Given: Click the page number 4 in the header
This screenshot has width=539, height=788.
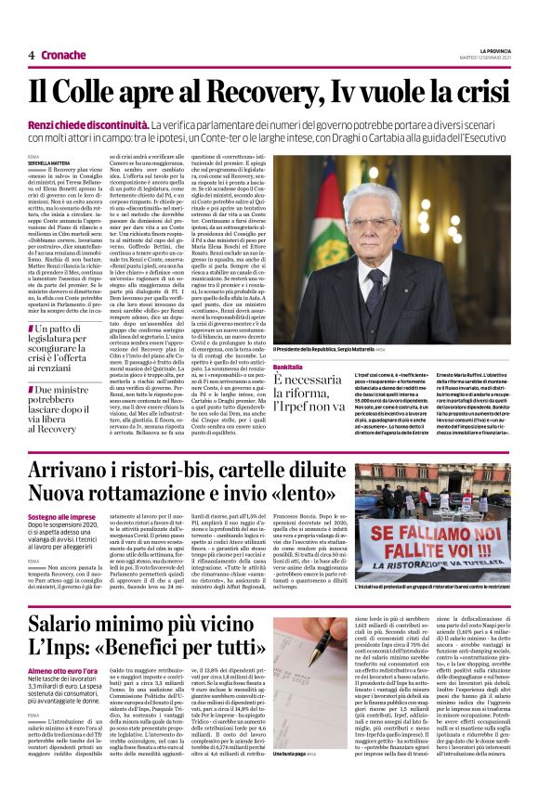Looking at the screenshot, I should (31, 56).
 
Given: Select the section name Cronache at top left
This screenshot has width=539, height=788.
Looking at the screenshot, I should (61, 56).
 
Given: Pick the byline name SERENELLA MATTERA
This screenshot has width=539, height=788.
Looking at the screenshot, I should (50, 162).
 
